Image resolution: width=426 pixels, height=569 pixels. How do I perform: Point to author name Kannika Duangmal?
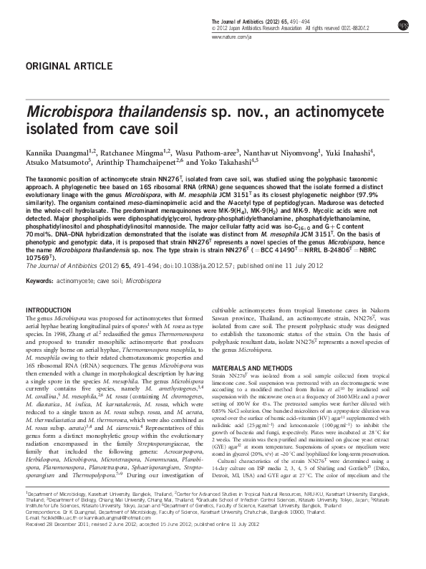pos(55,152)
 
